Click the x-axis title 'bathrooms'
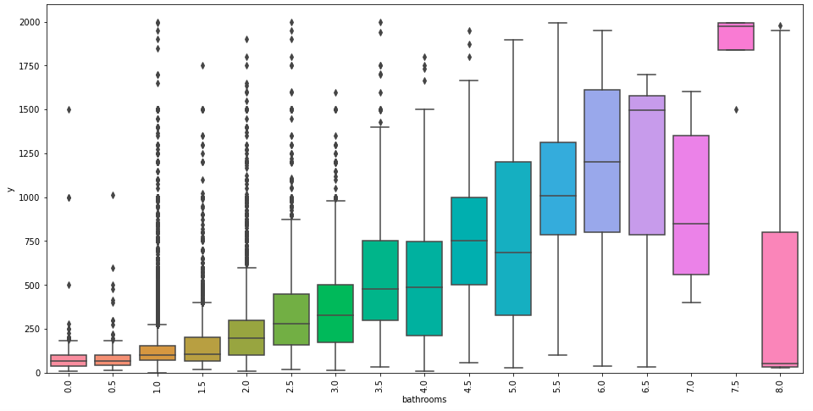click(x=423, y=399)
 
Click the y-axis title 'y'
click(x=9, y=188)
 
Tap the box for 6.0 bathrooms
click(x=602, y=161)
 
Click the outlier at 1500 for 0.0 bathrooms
click(x=69, y=109)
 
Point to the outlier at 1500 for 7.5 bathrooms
click(x=736, y=109)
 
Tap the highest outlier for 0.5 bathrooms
click(x=113, y=195)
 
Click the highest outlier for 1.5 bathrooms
click(x=202, y=65)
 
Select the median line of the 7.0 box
click(x=691, y=224)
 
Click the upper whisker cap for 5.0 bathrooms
click(x=513, y=40)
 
